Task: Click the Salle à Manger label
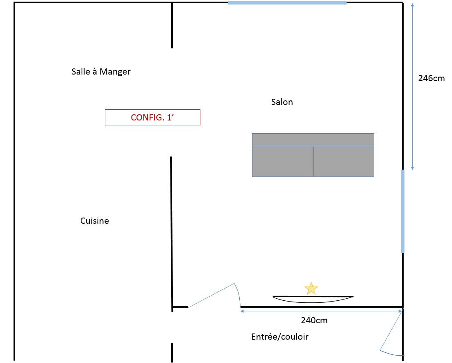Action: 101,72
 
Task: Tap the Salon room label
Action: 282,102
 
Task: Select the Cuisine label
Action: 95,221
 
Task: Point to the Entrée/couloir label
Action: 279,337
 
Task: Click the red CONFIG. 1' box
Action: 152,117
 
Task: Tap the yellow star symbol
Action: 311,288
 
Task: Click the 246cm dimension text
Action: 431,78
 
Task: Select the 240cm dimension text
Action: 314,320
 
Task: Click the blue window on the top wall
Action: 287,3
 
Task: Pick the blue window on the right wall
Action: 403,211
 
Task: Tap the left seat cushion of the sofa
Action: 283,161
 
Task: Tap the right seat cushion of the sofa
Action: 343,161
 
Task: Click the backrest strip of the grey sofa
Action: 313,140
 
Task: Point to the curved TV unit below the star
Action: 313,299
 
